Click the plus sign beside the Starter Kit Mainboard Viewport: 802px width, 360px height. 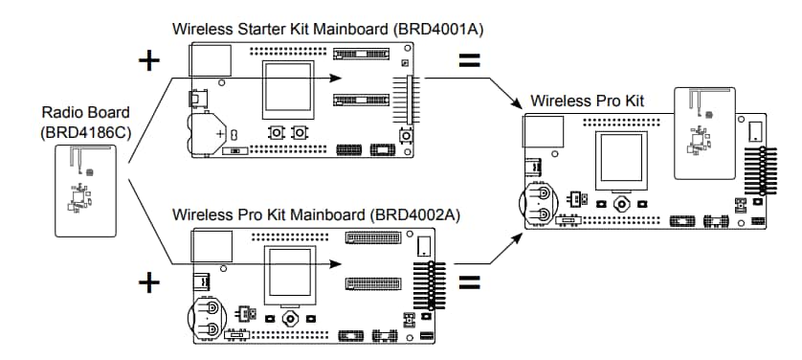[148, 60]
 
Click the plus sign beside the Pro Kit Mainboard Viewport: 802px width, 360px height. [148, 283]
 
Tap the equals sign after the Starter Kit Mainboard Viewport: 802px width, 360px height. [470, 60]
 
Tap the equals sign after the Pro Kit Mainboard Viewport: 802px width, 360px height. [470, 283]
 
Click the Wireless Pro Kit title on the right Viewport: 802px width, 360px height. [587, 101]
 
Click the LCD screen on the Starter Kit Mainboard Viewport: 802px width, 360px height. [290, 90]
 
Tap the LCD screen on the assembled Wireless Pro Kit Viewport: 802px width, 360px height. [623, 159]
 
